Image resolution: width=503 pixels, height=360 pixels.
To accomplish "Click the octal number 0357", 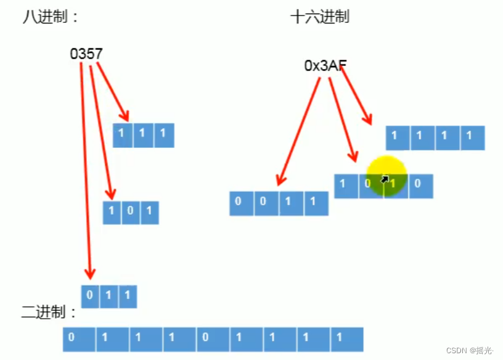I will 86,54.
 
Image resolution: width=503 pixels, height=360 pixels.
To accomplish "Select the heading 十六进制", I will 319,17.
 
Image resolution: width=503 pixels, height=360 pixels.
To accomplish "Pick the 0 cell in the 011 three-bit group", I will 90,296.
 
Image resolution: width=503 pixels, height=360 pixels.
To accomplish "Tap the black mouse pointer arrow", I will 385,179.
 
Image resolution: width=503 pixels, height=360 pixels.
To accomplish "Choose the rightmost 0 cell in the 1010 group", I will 419,186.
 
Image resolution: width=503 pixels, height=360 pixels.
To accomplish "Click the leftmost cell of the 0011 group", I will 242,203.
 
